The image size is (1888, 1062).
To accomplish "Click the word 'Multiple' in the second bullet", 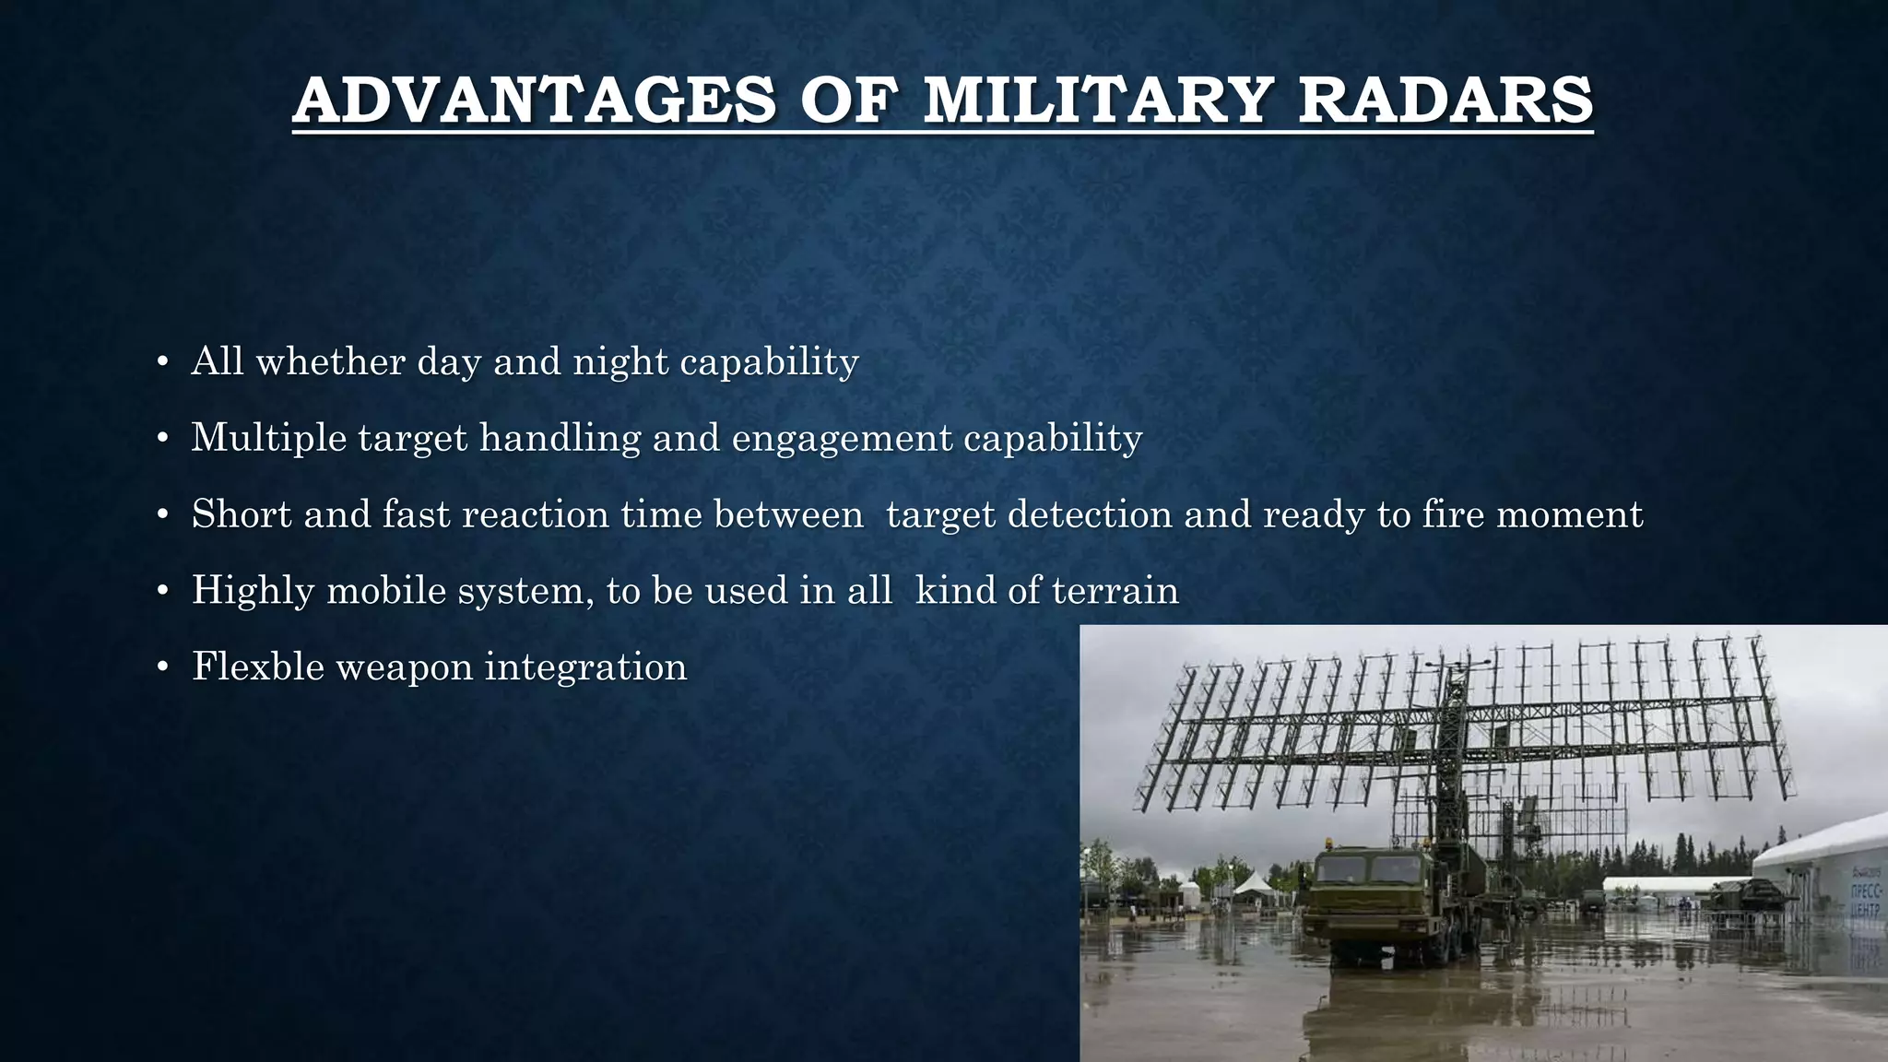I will tap(268, 438).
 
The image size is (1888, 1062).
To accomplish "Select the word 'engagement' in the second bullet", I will tap(841, 438).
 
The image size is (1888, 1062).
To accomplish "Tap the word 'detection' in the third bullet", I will tap(1090, 514).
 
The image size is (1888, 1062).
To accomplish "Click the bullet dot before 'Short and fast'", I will tap(162, 515).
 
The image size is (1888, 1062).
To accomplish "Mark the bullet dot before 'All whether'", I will tap(162, 362).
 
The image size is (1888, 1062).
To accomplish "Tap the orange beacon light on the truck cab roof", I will tap(1327, 843).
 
